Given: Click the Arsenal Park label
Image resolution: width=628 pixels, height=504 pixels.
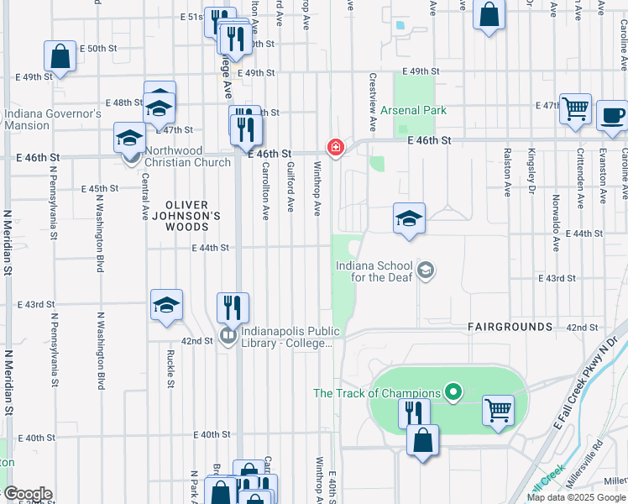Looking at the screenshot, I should pos(413,110).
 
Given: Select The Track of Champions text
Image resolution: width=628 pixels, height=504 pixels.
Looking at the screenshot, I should pos(377,393).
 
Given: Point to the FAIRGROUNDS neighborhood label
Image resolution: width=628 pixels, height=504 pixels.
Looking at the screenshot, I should pos(510,326).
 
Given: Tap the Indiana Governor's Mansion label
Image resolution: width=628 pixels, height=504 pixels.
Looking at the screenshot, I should pos(52,119).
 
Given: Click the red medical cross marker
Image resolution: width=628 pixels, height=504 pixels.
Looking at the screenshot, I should pos(336,148).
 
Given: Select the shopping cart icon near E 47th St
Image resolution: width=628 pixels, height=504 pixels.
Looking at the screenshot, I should pos(575,108).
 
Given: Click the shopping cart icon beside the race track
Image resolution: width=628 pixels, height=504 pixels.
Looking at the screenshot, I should pos(498,411).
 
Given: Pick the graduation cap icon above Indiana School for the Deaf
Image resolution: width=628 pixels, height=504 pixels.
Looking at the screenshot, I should pos(409,218).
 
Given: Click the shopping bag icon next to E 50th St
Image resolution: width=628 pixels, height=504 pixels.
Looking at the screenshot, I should pos(60,56).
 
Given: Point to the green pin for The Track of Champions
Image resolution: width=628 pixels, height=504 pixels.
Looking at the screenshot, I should pos(453,392).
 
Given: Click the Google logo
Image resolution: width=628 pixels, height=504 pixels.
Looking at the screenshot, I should pos(27,494).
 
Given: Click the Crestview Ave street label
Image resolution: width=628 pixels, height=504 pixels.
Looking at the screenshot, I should pos(372,101).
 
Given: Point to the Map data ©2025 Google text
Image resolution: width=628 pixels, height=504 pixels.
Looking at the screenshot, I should pos(576,496).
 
